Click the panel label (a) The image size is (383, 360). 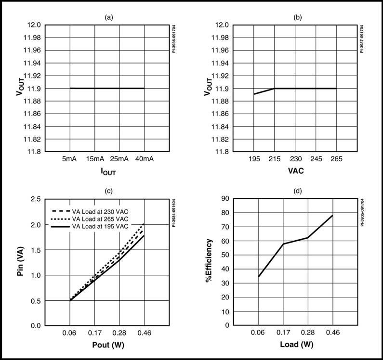[109, 18]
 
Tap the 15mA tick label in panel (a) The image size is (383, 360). [95, 159]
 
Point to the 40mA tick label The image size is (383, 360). [145, 159]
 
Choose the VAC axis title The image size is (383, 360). [296, 171]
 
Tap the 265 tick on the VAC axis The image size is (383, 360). [336, 159]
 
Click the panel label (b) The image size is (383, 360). [298, 18]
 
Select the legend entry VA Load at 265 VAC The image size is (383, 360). [100, 219]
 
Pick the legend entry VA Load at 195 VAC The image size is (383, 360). [100, 226]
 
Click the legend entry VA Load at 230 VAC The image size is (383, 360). [100, 212]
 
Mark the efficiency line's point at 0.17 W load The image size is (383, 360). [283, 244]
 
